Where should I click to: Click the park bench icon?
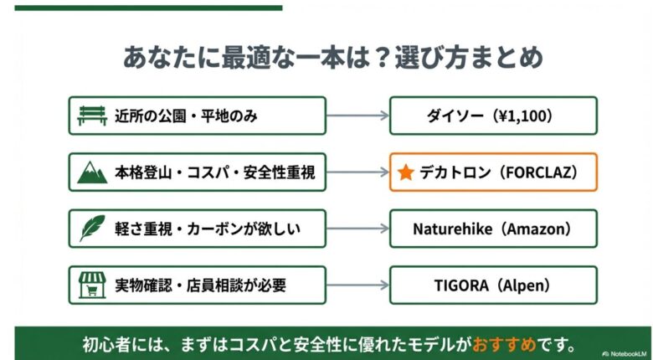[x=92, y=116]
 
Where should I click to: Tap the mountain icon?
[x=92, y=172]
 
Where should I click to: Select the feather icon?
[x=92, y=229]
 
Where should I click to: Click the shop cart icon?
[x=92, y=285]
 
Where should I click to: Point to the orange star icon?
[x=406, y=172]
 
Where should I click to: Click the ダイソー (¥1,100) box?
[x=493, y=116]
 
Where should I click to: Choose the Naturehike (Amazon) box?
[x=493, y=229]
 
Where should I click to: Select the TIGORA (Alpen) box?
[x=493, y=285]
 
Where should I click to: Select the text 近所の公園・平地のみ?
[x=186, y=116]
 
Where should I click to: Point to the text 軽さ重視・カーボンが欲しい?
[x=206, y=229]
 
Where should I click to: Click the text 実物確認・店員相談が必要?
[x=200, y=285]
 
